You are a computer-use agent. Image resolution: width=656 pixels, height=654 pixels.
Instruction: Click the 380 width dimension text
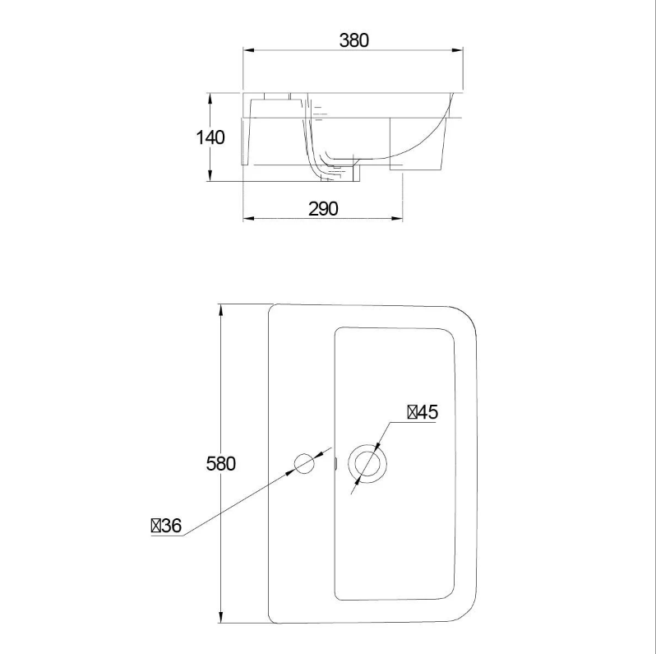point(354,39)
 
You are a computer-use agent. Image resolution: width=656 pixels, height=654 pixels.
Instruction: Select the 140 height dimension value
point(210,137)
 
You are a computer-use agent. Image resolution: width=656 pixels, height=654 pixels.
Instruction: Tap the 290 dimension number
point(323,209)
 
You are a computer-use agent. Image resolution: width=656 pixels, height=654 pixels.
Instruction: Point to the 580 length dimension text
point(220,463)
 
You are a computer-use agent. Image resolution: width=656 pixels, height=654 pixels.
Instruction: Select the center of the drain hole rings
point(367,464)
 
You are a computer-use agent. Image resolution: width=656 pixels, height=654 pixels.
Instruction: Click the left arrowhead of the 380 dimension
point(247,51)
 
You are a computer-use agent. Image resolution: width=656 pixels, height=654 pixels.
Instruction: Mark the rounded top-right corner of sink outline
point(465,318)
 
